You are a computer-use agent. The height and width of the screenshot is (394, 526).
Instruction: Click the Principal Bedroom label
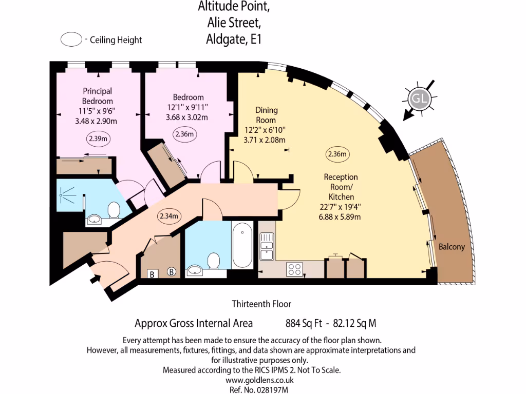click(97, 96)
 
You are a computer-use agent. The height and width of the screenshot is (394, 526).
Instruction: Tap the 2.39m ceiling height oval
click(97, 139)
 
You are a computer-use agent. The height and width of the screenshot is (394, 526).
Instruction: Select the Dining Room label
click(267, 115)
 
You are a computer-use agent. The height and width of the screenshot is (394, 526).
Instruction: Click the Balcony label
click(452, 247)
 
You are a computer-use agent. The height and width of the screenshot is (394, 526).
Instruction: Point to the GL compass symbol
click(418, 99)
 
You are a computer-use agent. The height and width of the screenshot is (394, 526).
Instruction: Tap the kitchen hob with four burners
click(294, 268)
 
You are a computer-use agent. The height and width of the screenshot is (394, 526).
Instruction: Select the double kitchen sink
click(267, 246)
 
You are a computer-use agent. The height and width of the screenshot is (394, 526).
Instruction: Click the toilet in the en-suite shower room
click(114, 209)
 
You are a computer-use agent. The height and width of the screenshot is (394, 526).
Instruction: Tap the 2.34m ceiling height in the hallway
click(168, 216)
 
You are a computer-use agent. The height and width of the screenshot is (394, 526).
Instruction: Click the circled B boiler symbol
click(172, 272)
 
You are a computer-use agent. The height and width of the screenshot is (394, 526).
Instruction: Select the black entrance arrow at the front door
click(95, 280)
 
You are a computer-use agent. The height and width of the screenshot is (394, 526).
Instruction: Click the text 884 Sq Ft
click(304, 324)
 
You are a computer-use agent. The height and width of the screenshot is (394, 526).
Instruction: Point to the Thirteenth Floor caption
click(261, 304)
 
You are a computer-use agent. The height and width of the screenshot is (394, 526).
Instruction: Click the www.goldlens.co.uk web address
click(259, 380)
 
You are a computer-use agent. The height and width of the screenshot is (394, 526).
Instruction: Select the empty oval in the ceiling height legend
click(71, 40)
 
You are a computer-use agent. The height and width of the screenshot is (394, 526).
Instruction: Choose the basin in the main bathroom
click(195, 270)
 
